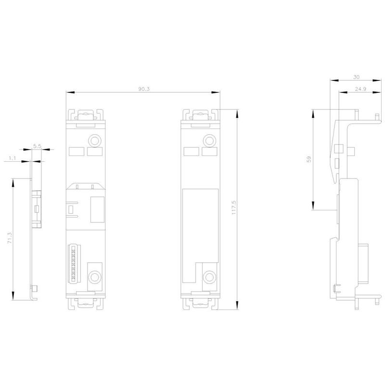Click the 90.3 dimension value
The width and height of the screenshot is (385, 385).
pyautogui.click(x=143, y=89)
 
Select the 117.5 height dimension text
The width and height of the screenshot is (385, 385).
pyautogui.click(x=233, y=207)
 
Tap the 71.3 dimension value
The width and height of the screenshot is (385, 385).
pyautogui.click(x=10, y=238)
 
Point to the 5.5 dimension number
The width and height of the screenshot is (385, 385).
pyautogui.click(x=37, y=146)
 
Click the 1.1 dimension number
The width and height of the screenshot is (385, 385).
pyautogui.click(x=13, y=158)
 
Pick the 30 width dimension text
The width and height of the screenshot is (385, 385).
pyautogui.click(x=356, y=77)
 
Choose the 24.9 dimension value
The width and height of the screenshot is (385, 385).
pyautogui.click(x=360, y=89)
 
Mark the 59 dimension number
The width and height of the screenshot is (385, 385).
pyautogui.click(x=309, y=159)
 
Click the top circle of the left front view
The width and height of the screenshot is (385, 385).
pyautogui.click(x=94, y=141)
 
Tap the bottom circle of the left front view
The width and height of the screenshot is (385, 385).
pyautogui.click(x=94, y=277)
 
